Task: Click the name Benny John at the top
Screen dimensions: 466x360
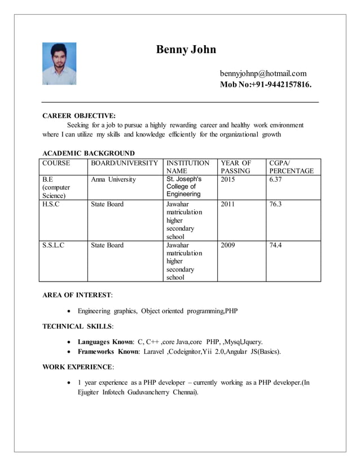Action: click(186, 50)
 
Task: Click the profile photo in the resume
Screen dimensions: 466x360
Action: click(59, 64)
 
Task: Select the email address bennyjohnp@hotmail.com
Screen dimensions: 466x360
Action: click(263, 73)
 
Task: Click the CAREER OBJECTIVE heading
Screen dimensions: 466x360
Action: click(79, 116)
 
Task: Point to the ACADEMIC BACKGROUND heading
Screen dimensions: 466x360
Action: click(89, 153)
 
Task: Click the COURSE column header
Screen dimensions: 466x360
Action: click(56, 163)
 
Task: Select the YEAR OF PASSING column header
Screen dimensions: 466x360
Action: click(236, 166)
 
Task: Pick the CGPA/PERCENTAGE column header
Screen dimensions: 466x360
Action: click(291, 166)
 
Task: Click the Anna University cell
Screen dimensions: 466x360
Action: click(113, 179)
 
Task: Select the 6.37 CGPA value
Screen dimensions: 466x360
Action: click(275, 179)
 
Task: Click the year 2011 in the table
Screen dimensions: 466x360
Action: click(228, 204)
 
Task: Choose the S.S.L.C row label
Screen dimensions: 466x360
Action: click(54, 245)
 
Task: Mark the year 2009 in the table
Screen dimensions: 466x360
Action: click(228, 245)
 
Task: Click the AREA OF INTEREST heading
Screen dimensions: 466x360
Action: click(77, 294)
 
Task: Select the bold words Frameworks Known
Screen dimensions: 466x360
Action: click(108, 351)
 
